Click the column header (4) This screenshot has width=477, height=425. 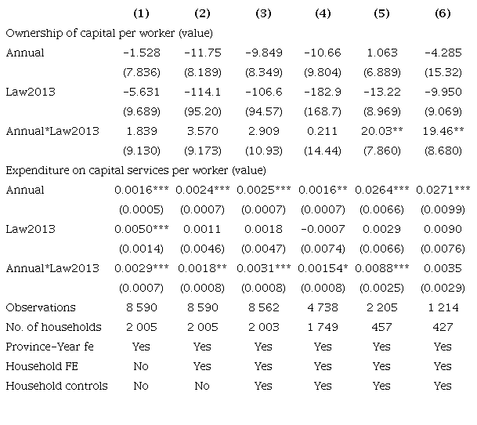pos(323,13)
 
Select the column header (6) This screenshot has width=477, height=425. pos(443,13)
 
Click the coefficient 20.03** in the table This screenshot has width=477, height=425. pos(381,131)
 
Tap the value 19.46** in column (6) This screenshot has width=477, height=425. pos(443,131)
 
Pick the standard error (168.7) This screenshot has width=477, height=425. pos(323,111)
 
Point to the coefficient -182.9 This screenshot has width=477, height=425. pos(323,92)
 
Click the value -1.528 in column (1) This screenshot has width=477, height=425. pos(142,53)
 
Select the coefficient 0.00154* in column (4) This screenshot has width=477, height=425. pos(323,268)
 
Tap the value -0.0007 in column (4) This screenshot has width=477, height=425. pos(323,229)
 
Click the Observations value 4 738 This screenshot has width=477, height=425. pos(323,307)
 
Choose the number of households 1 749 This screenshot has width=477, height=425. pos(323,327)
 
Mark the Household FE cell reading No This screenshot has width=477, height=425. pos(141,366)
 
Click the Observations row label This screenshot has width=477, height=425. pos(41,307)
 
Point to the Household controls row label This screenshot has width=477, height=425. pos(56,386)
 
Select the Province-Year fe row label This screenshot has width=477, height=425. pos(49,347)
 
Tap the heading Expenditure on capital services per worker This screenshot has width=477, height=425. pos(117,170)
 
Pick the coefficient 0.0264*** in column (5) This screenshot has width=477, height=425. pos(381,190)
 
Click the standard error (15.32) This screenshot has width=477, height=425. pos(443,72)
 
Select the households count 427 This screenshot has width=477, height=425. pos(443,327)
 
